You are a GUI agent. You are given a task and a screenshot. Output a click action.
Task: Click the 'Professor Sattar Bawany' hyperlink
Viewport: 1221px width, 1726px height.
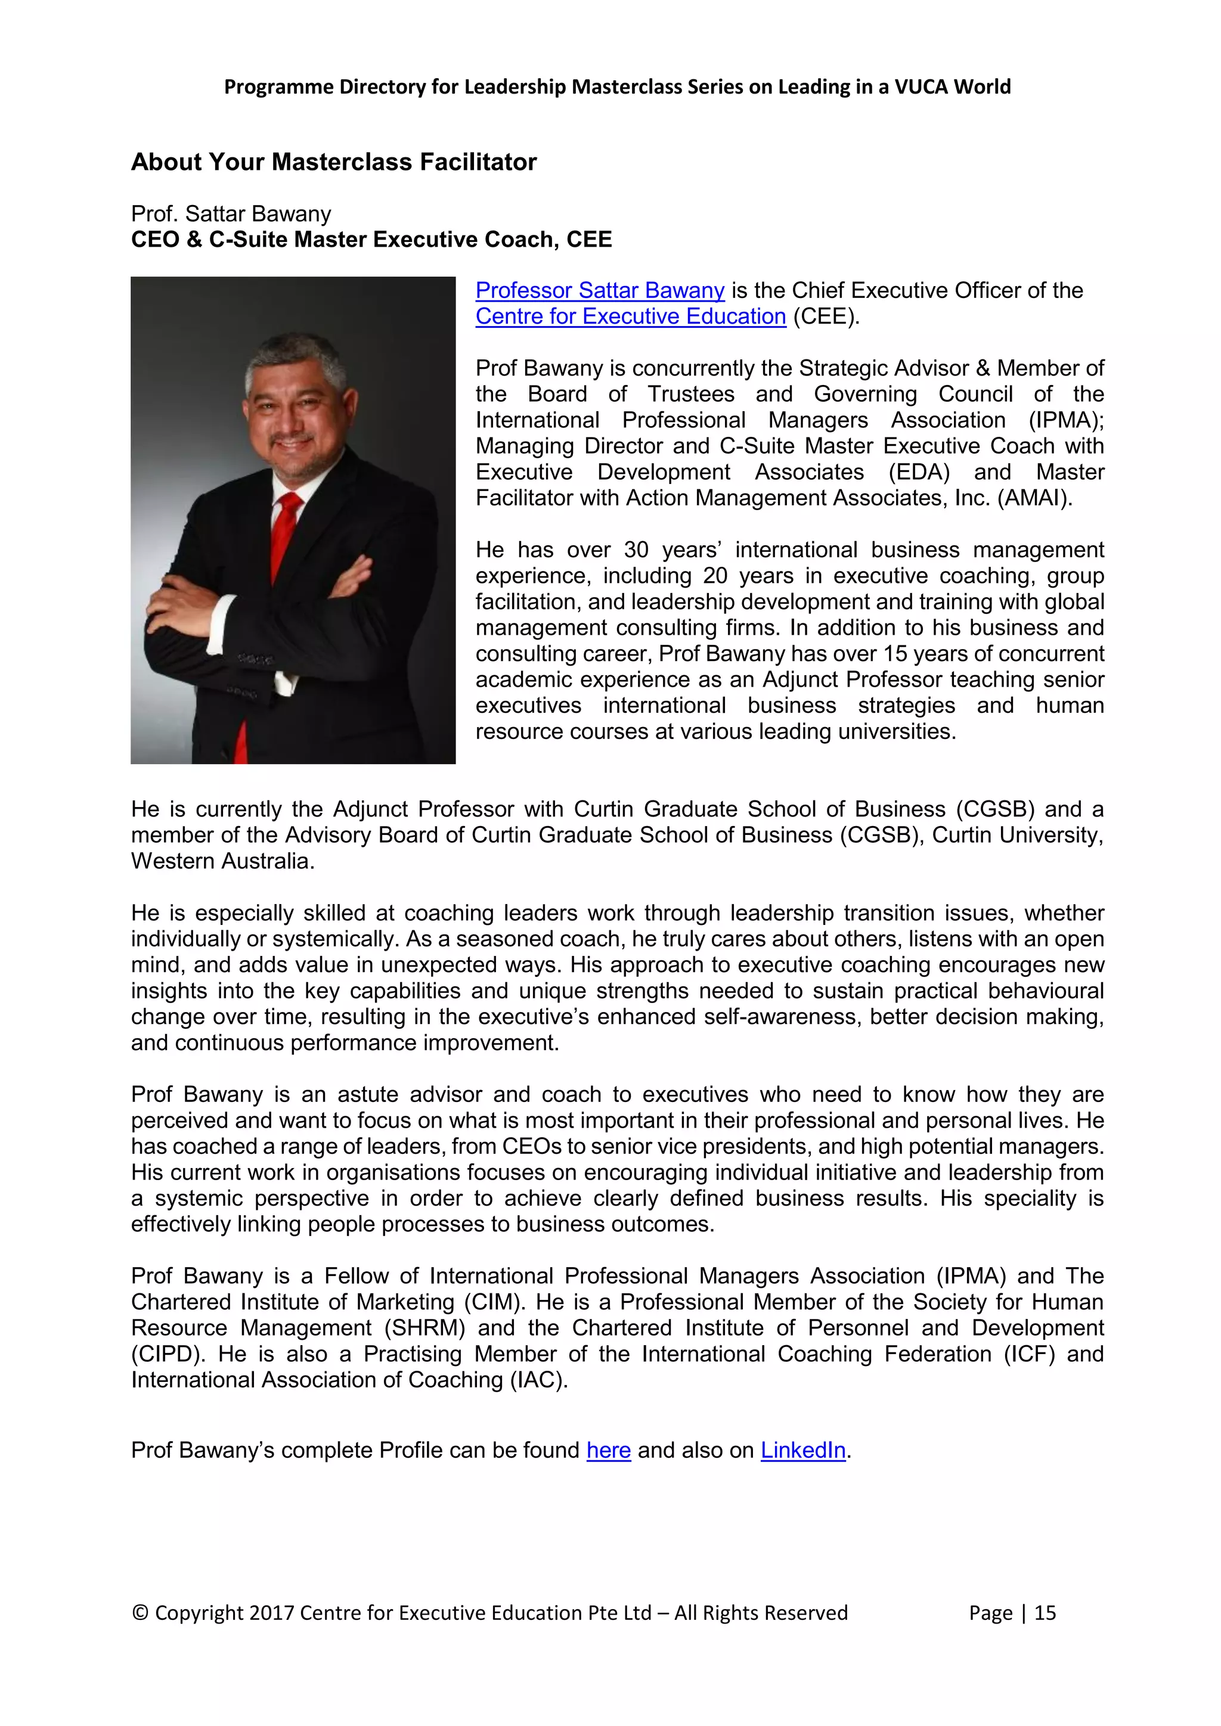[x=599, y=290]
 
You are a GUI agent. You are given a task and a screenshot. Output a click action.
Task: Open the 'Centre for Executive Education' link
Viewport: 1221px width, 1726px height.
[x=630, y=316]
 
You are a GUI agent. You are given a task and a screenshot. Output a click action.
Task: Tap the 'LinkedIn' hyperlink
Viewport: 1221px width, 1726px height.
[x=803, y=1450]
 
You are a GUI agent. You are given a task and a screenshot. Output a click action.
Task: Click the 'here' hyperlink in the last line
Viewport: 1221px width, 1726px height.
[x=608, y=1450]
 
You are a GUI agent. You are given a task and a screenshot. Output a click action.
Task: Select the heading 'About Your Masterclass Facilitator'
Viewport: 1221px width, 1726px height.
[x=334, y=162]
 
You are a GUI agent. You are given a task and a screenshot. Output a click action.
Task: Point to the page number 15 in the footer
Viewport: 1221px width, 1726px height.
[x=1045, y=1613]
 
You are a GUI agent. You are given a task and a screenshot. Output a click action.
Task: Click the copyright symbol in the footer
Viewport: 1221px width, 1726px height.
[x=140, y=1613]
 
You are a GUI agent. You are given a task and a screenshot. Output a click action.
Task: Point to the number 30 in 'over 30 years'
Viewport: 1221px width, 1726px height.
[x=636, y=550]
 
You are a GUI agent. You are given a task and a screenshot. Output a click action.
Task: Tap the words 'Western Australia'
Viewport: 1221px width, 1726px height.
[x=222, y=861]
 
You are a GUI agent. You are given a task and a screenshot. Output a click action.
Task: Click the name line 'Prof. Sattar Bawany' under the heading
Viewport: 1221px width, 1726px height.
[x=231, y=214]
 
